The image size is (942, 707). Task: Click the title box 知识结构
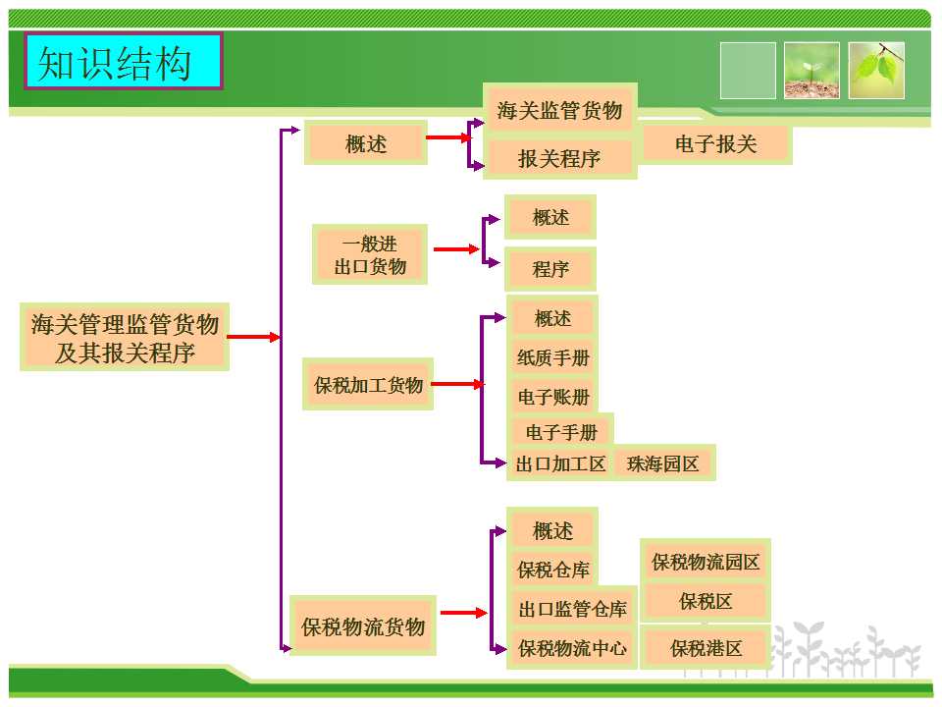point(124,62)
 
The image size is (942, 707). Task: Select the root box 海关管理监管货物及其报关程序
point(125,337)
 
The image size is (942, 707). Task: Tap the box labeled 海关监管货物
point(559,111)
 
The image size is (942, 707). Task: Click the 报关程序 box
point(559,157)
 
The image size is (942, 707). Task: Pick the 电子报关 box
point(716,144)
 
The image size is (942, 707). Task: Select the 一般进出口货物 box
point(370,254)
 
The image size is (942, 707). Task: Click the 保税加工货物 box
point(368,384)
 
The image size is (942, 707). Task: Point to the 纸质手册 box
point(552,357)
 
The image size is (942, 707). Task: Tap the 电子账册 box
point(552,397)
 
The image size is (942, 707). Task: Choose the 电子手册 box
point(561,432)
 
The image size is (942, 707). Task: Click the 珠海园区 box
point(663,463)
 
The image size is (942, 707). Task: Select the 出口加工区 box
point(560,463)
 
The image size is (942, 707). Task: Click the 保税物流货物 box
point(363,625)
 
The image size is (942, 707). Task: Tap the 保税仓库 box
point(552,570)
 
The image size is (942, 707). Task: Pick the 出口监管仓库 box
point(572,609)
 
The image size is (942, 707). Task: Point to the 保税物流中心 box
point(572,648)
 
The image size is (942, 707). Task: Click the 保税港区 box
point(706,648)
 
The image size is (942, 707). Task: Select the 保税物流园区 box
point(706,563)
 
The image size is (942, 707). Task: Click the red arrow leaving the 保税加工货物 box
point(457,384)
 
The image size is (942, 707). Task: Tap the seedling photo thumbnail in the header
point(811,71)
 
